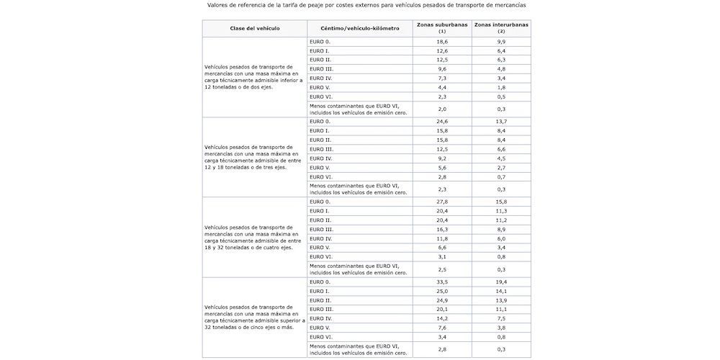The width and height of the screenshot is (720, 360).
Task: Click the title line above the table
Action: pos(366,5)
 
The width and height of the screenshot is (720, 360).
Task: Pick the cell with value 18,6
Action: pos(442,42)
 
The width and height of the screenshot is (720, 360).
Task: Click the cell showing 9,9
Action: pos(500,42)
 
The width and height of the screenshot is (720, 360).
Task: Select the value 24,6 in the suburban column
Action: pos(442,122)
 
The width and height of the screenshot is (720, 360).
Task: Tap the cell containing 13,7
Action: pos(500,122)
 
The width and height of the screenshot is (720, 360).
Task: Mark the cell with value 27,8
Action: pos(442,202)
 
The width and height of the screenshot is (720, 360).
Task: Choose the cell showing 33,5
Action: pos(442,282)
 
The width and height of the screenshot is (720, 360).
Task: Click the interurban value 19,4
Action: pos(500,282)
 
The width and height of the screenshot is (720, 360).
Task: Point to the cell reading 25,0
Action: pos(442,291)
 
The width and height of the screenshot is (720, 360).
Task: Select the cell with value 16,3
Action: pos(442,229)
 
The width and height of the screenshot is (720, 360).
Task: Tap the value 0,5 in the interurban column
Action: pos(500,96)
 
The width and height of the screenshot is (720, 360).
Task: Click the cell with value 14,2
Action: pos(442,318)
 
